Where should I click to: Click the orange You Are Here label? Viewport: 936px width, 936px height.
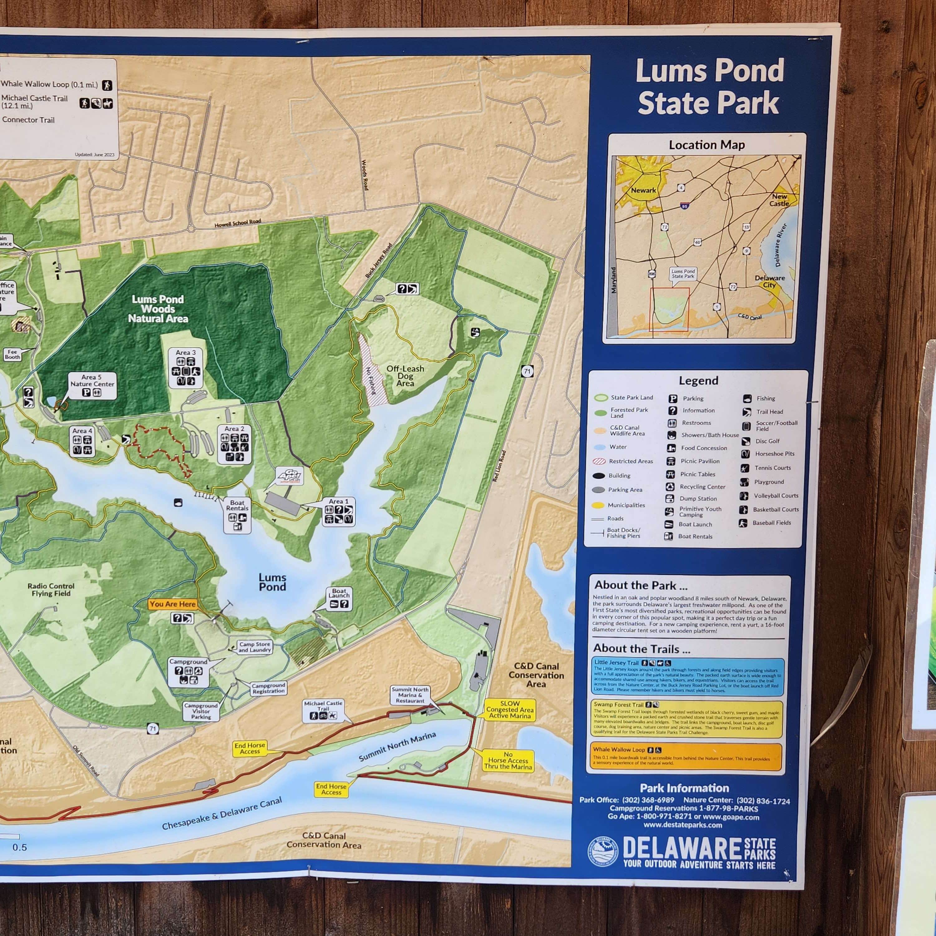point(173,604)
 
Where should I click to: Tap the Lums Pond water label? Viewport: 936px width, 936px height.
point(272,582)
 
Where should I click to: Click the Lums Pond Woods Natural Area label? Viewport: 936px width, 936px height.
point(158,309)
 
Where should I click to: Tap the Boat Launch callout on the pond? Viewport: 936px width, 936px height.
point(339,598)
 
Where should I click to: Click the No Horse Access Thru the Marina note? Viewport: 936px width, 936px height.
point(508,761)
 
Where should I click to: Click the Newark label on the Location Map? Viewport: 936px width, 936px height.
point(643,190)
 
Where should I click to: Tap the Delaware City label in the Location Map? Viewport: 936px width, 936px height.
point(769,281)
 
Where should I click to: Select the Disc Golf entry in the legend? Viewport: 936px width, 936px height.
point(768,441)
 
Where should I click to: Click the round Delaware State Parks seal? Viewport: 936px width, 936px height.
point(603,851)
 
